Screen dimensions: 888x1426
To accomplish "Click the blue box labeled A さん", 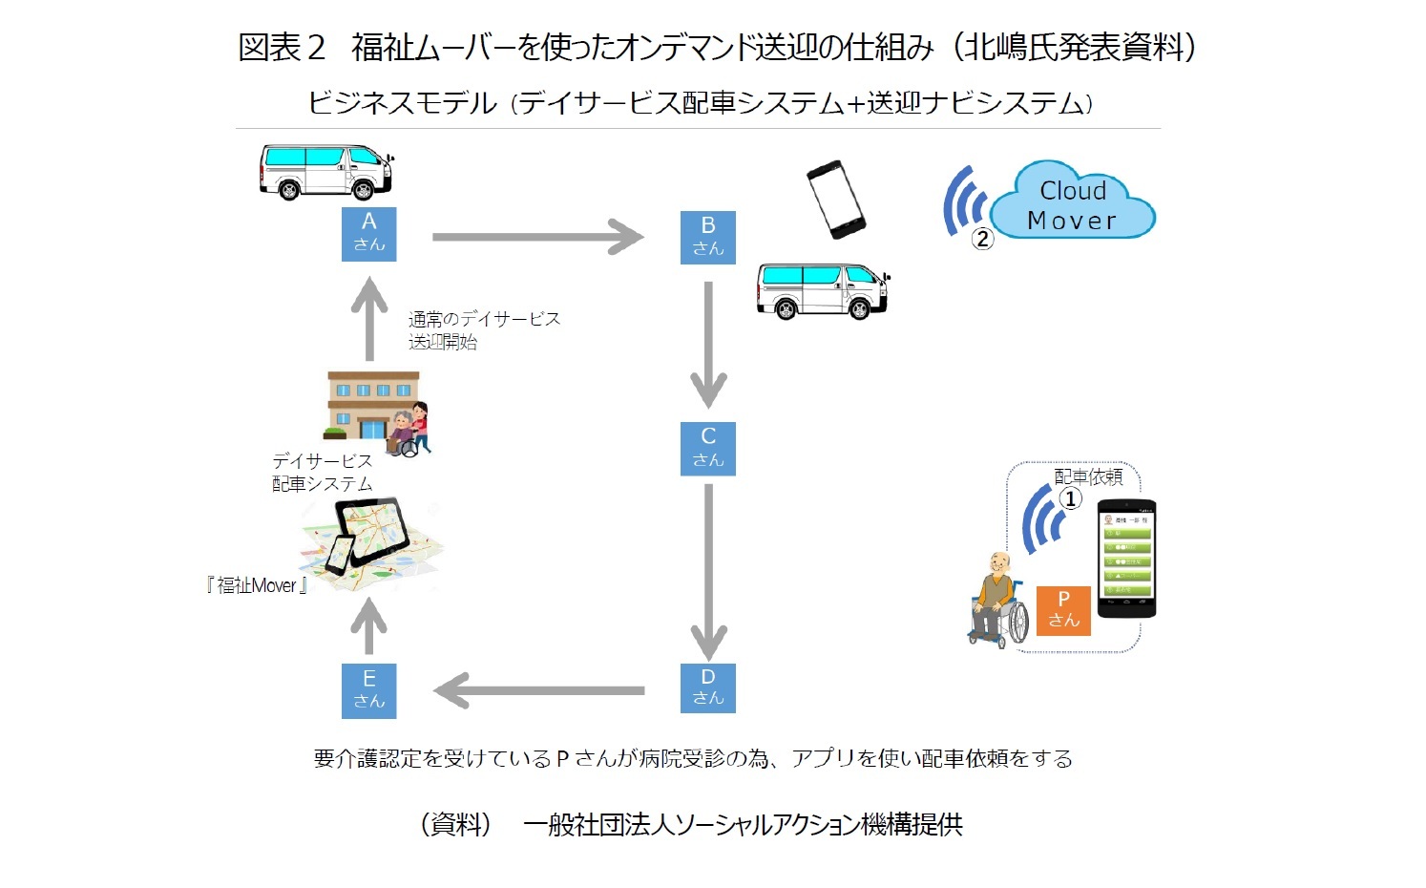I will click(368, 234).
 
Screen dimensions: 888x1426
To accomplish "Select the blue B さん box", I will click(707, 238).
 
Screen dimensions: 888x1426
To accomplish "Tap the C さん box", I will click(707, 448).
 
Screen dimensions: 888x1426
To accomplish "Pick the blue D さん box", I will click(707, 687).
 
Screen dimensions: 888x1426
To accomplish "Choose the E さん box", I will click(368, 690).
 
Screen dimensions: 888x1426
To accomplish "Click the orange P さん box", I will click(1063, 610).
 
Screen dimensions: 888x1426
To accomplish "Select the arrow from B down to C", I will click(707, 344).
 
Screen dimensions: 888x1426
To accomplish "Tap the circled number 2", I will click(982, 239).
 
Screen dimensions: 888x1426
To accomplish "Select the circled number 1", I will click(1071, 498).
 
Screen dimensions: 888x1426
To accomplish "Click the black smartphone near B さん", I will click(835, 199).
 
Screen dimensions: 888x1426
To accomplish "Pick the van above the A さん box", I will click(325, 172).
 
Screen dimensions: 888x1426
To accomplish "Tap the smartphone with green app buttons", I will click(1127, 559).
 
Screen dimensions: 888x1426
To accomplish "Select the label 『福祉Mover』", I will click(257, 585).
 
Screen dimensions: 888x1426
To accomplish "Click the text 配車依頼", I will click(1088, 476).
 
